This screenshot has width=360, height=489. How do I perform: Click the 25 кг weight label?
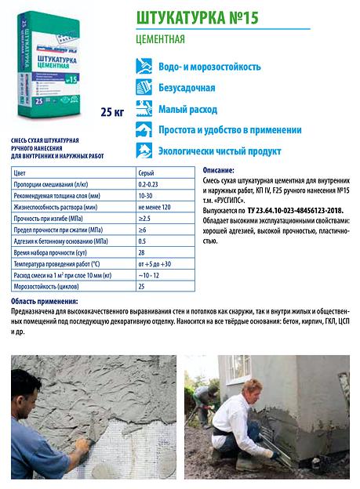tap(113, 113)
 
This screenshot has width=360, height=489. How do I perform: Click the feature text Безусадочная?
tap(191, 88)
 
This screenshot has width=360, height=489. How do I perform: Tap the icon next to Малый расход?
tap(144, 109)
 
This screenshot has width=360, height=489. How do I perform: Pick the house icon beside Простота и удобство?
tap(144, 130)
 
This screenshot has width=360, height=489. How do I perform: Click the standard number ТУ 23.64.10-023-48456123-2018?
tap(294, 211)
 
